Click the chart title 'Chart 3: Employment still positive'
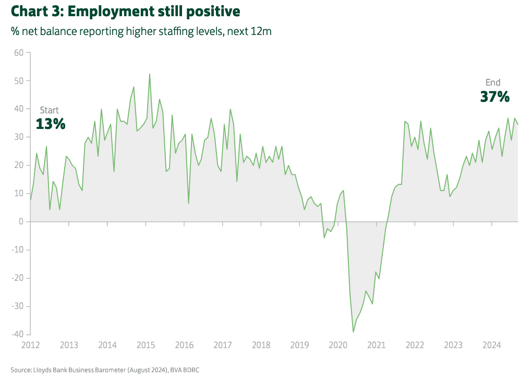[125, 11]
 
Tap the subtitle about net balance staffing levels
[141, 31]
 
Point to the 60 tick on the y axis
[19, 53]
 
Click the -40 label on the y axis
[17, 334]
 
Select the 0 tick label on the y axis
[21, 221]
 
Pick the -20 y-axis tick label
[17, 278]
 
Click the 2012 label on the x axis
[31, 345]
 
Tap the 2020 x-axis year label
[338, 345]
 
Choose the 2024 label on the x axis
[492, 345]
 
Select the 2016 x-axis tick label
[184, 345]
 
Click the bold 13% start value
[51, 124]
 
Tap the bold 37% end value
[494, 96]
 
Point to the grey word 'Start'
[50, 110]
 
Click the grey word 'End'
[493, 82]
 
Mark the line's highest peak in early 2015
[150, 74]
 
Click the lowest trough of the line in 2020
[354, 332]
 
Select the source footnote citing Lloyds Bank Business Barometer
[105, 370]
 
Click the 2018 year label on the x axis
[261, 345]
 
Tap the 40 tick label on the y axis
[19, 109]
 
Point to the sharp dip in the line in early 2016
[188, 203]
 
